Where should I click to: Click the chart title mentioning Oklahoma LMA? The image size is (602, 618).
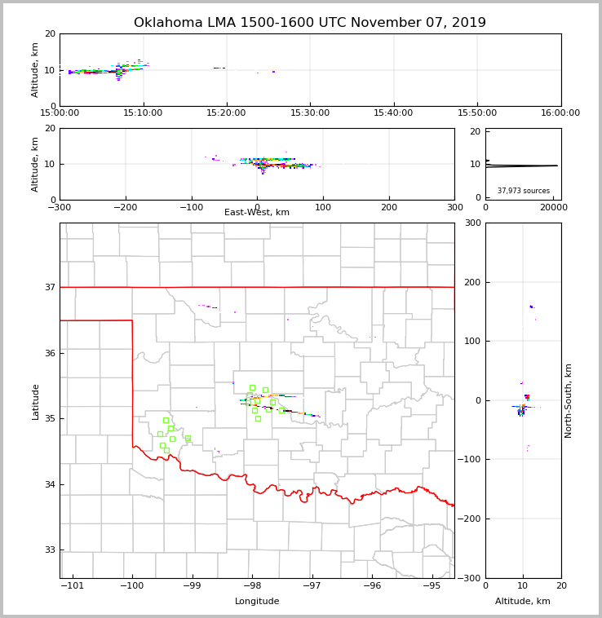click(x=310, y=23)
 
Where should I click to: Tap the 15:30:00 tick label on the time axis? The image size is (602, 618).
click(x=310, y=113)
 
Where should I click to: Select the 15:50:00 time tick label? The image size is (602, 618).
click(x=477, y=113)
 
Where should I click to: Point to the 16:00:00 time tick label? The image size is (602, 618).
click(x=560, y=113)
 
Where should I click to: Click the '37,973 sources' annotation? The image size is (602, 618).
click(x=524, y=191)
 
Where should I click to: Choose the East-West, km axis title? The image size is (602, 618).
click(x=257, y=213)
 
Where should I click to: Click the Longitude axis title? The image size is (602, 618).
click(x=257, y=602)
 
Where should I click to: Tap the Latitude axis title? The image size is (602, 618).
click(x=35, y=401)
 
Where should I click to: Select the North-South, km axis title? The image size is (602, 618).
click(x=569, y=400)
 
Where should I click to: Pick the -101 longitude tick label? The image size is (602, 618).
click(x=73, y=585)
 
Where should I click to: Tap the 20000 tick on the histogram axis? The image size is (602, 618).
click(x=553, y=207)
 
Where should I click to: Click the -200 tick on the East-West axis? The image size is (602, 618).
click(x=125, y=207)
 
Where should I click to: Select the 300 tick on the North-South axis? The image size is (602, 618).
click(x=471, y=223)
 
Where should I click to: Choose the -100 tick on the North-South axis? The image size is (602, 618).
click(x=468, y=460)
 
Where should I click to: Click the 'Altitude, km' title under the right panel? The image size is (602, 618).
click(x=523, y=602)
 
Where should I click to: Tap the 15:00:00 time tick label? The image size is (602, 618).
click(x=60, y=113)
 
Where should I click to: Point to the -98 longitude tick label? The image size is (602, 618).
click(x=252, y=585)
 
